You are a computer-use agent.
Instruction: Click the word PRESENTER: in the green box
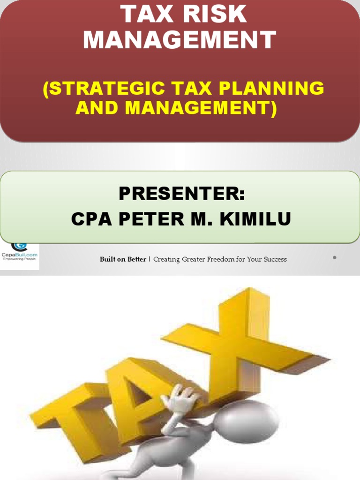pyautogui.click(x=181, y=193)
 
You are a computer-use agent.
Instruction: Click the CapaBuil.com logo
pyautogui.click(x=19, y=253)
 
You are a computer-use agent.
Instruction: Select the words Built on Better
pyautogui.click(x=123, y=259)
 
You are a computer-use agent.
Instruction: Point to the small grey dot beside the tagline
pyautogui.click(x=334, y=257)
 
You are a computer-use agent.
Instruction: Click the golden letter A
pyautogui.click(x=136, y=389)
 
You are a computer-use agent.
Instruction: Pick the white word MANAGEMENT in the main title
pyautogui.click(x=180, y=40)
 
